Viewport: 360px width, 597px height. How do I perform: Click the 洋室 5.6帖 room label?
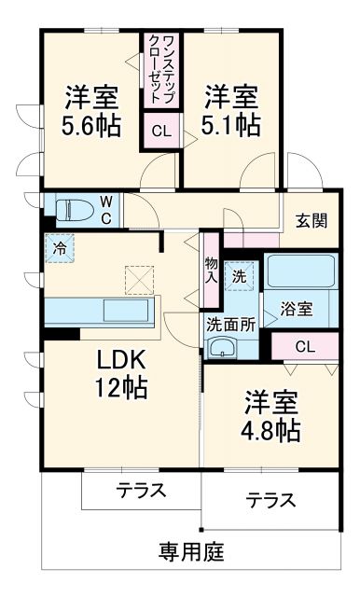tap(90, 112)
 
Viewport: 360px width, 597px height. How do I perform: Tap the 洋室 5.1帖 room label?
tap(231, 109)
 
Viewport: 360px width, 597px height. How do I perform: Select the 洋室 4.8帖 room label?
tap(272, 417)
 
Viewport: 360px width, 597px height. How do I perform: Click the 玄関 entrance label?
tap(312, 221)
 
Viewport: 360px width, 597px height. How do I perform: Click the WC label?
tap(106, 210)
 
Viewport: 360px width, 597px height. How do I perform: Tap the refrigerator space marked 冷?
tap(58, 249)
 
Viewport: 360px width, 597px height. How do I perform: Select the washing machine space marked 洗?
tap(240, 276)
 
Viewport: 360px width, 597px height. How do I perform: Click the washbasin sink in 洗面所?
tap(223, 349)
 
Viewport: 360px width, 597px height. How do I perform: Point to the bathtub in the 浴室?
tap(301, 271)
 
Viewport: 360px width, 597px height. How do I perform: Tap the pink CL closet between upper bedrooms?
tap(160, 130)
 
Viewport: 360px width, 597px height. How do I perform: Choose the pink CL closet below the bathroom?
tap(304, 347)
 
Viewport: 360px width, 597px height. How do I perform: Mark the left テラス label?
tap(142, 490)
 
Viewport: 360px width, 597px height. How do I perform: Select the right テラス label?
tap(271, 500)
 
